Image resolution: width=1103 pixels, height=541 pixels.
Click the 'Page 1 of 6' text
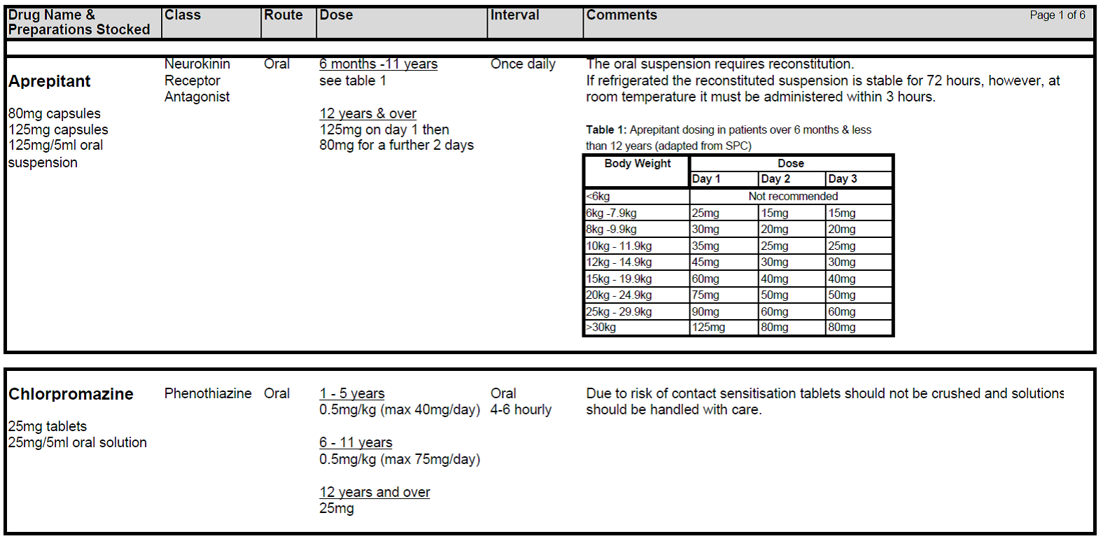click(x=1057, y=15)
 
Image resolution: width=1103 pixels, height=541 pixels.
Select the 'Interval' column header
click(x=514, y=15)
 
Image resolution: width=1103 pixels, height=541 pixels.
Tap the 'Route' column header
click(x=283, y=15)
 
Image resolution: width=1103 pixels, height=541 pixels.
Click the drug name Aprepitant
click(x=50, y=81)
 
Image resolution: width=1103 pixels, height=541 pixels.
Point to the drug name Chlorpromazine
click(x=71, y=394)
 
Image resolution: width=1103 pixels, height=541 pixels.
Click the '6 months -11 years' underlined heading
click(x=378, y=64)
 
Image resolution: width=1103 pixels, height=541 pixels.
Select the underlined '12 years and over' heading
click(x=374, y=492)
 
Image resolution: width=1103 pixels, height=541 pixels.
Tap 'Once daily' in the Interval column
click(x=523, y=64)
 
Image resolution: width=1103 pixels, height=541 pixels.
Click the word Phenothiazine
click(x=208, y=393)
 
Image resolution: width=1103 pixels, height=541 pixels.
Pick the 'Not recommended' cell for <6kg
click(x=792, y=196)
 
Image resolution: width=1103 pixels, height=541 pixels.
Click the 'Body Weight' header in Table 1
click(x=637, y=163)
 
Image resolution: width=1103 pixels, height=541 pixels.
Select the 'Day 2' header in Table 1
click(x=775, y=178)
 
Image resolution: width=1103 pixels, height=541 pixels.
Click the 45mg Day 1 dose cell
click(x=705, y=262)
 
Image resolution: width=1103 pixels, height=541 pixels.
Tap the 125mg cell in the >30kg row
click(x=708, y=327)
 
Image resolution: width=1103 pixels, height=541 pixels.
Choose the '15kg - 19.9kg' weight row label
click(x=619, y=279)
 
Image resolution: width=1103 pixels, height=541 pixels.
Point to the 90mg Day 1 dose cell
click(x=705, y=311)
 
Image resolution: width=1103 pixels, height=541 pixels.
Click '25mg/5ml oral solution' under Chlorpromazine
click(x=78, y=442)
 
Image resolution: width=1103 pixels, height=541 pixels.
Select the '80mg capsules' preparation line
click(x=55, y=113)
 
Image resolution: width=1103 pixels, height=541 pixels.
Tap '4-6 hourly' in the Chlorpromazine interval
click(x=521, y=409)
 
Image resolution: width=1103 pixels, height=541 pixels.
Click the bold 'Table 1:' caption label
click(x=606, y=129)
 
